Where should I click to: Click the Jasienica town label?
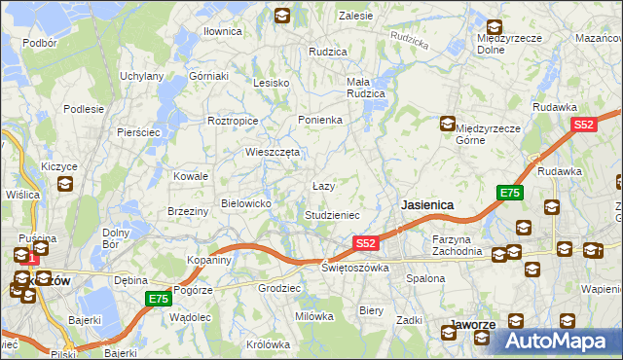click(427, 205)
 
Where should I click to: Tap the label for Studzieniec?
click(333, 214)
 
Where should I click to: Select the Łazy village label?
click(323, 185)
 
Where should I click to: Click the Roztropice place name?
click(233, 121)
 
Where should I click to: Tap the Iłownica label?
click(222, 31)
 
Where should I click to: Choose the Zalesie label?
click(356, 16)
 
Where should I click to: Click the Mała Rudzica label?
click(366, 88)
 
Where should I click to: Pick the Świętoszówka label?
click(355, 267)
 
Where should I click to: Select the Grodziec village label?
click(277, 288)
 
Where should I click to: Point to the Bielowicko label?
click(252, 202)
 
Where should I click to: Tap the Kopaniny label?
click(209, 261)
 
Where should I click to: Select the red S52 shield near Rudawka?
click(583, 125)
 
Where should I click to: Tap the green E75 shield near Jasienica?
click(510, 194)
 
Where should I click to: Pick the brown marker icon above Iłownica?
click(281, 15)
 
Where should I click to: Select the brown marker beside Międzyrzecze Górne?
click(447, 124)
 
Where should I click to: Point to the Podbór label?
click(40, 43)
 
